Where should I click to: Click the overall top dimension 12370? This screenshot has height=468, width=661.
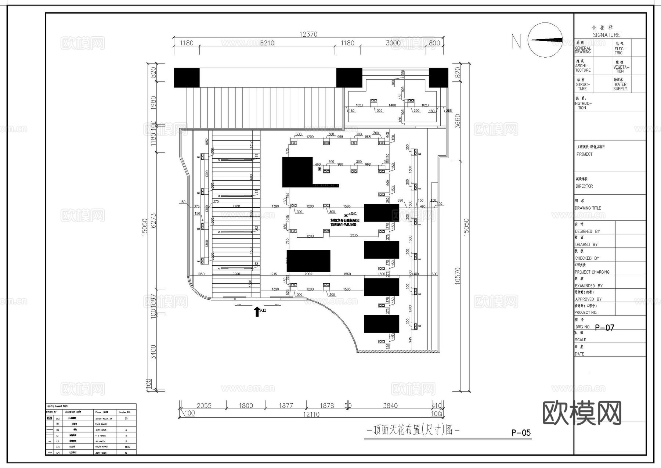(308, 34)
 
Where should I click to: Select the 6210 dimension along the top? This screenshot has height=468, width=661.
(267, 43)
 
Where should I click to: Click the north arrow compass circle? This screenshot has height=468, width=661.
(545, 40)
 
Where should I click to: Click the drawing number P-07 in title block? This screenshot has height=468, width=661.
(604, 327)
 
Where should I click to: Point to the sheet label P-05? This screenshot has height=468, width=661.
(521, 433)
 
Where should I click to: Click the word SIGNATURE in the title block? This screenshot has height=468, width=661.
(606, 35)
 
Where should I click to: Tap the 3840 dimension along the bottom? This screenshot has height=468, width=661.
(390, 406)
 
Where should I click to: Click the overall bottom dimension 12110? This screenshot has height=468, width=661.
(311, 414)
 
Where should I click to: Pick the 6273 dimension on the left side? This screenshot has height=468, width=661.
(153, 220)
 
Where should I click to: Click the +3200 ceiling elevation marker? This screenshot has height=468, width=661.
(351, 213)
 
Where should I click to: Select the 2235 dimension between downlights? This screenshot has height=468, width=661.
(354, 235)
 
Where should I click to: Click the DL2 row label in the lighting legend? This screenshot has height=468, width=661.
(58, 418)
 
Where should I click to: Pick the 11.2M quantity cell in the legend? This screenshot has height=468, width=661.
(127, 447)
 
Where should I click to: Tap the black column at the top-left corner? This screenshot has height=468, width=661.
(187, 78)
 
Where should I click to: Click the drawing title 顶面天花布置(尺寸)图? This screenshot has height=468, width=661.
(413, 430)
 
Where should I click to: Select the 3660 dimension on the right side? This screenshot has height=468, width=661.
(458, 121)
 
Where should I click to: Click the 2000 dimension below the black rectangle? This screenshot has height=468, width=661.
(308, 274)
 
